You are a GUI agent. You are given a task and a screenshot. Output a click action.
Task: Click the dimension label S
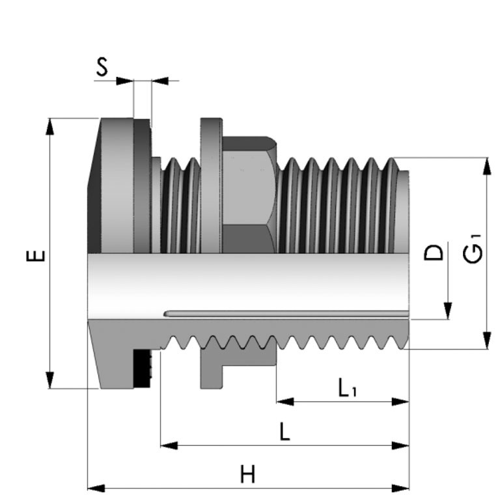click(x=102, y=68)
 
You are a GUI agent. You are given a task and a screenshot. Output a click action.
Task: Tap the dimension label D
click(x=434, y=252)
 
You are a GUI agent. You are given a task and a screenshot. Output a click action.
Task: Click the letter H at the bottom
click(x=247, y=474)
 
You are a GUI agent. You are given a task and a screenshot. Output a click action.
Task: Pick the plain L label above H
click(x=284, y=432)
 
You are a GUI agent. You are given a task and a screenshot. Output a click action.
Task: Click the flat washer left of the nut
click(x=210, y=186)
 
